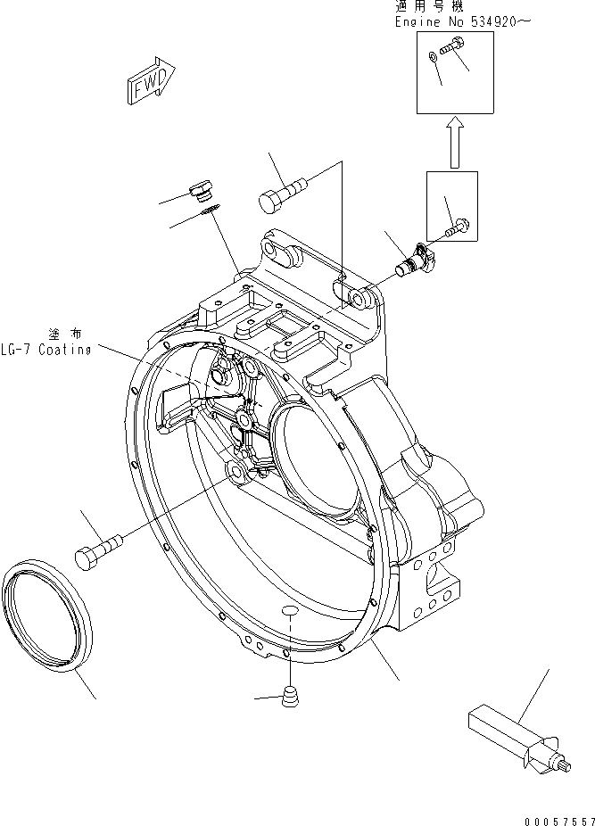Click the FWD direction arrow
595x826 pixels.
pyautogui.click(x=149, y=81)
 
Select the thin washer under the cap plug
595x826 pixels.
pyautogui.click(x=210, y=211)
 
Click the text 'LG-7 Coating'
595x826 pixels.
pyautogui.click(x=45, y=349)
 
